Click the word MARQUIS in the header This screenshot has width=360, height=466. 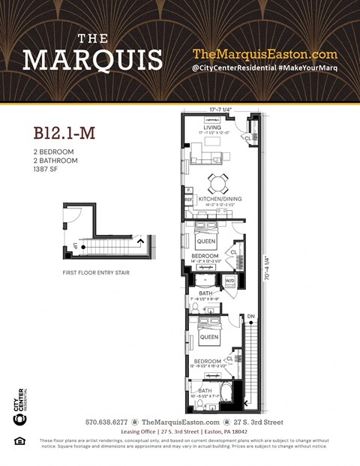[92, 59]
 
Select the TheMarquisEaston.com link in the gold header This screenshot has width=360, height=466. [265, 54]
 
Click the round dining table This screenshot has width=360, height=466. [217, 182]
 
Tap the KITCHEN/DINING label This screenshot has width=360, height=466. [214, 199]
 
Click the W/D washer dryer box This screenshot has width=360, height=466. [229, 281]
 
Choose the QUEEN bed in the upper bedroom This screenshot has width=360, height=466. [206, 242]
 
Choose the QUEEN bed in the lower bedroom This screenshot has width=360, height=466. [209, 337]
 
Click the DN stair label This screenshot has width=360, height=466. [250, 316]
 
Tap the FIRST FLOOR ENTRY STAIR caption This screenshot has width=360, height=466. [96, 272]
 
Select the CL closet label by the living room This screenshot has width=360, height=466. [247, 138]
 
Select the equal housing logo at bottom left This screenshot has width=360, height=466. [19, 440]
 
